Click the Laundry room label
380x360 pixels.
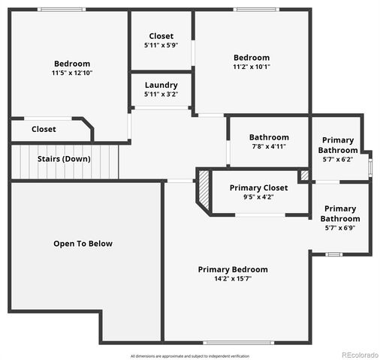[x=161, y=85]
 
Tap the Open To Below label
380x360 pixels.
[x=83, y=243]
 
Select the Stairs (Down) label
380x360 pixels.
[x=64, y=159]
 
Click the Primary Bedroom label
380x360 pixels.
[x=233, y=269]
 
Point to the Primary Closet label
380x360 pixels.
[x=258, y=187]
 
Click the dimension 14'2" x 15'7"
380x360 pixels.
[x=233, y=279]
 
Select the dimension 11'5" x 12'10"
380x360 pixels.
[x=72, y=73]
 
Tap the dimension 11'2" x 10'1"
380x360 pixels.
[x=251, y=67]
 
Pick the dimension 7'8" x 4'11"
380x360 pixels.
[x=269, y=146]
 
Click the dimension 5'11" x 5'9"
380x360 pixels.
[x=161, y=45]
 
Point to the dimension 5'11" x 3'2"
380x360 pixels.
[x=161, y=94]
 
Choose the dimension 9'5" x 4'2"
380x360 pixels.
[x=258, y=197]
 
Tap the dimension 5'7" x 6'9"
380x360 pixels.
[x=339, y=227]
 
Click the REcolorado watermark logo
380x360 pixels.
[x=360, y=355]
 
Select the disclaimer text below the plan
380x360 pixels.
[x=189, y=355]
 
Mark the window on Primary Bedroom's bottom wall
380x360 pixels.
[x=228, y=342]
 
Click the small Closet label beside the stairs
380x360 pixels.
[x=44, y=129]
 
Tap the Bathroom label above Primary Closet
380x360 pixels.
[x=269, y=137]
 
